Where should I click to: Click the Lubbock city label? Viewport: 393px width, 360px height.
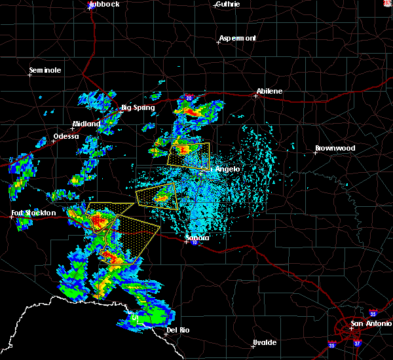[x=104, y=4]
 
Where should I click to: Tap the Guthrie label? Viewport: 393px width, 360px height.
[x=228, y=4]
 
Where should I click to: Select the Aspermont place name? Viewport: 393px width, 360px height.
[x=238, y=38]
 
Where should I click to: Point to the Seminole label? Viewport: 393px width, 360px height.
[x=45, y=70]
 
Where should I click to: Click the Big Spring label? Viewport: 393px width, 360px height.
[x=138, y=107]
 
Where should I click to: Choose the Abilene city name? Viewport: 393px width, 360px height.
[x=270, y=91]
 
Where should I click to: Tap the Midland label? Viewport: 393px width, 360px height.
[x=86, y=124]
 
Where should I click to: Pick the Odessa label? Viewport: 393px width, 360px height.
[x=65, y=136]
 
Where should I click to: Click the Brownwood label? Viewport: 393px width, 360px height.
[x=335, y=148]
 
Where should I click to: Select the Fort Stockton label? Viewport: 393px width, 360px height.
[x=34, y=213]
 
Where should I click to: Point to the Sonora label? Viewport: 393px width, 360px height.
[x=197, y=238]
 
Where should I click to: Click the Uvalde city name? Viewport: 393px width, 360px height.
[x=265, y=342]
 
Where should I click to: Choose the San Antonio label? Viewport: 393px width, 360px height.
[x=370, y=323]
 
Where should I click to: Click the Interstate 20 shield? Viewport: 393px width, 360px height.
[x=188, y=97]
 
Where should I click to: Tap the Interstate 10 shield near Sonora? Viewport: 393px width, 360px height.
[x=195, y=243]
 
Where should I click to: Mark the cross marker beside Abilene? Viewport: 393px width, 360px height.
[x=256, y=96]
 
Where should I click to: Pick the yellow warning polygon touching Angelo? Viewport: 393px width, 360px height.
[x=189, y=156]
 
